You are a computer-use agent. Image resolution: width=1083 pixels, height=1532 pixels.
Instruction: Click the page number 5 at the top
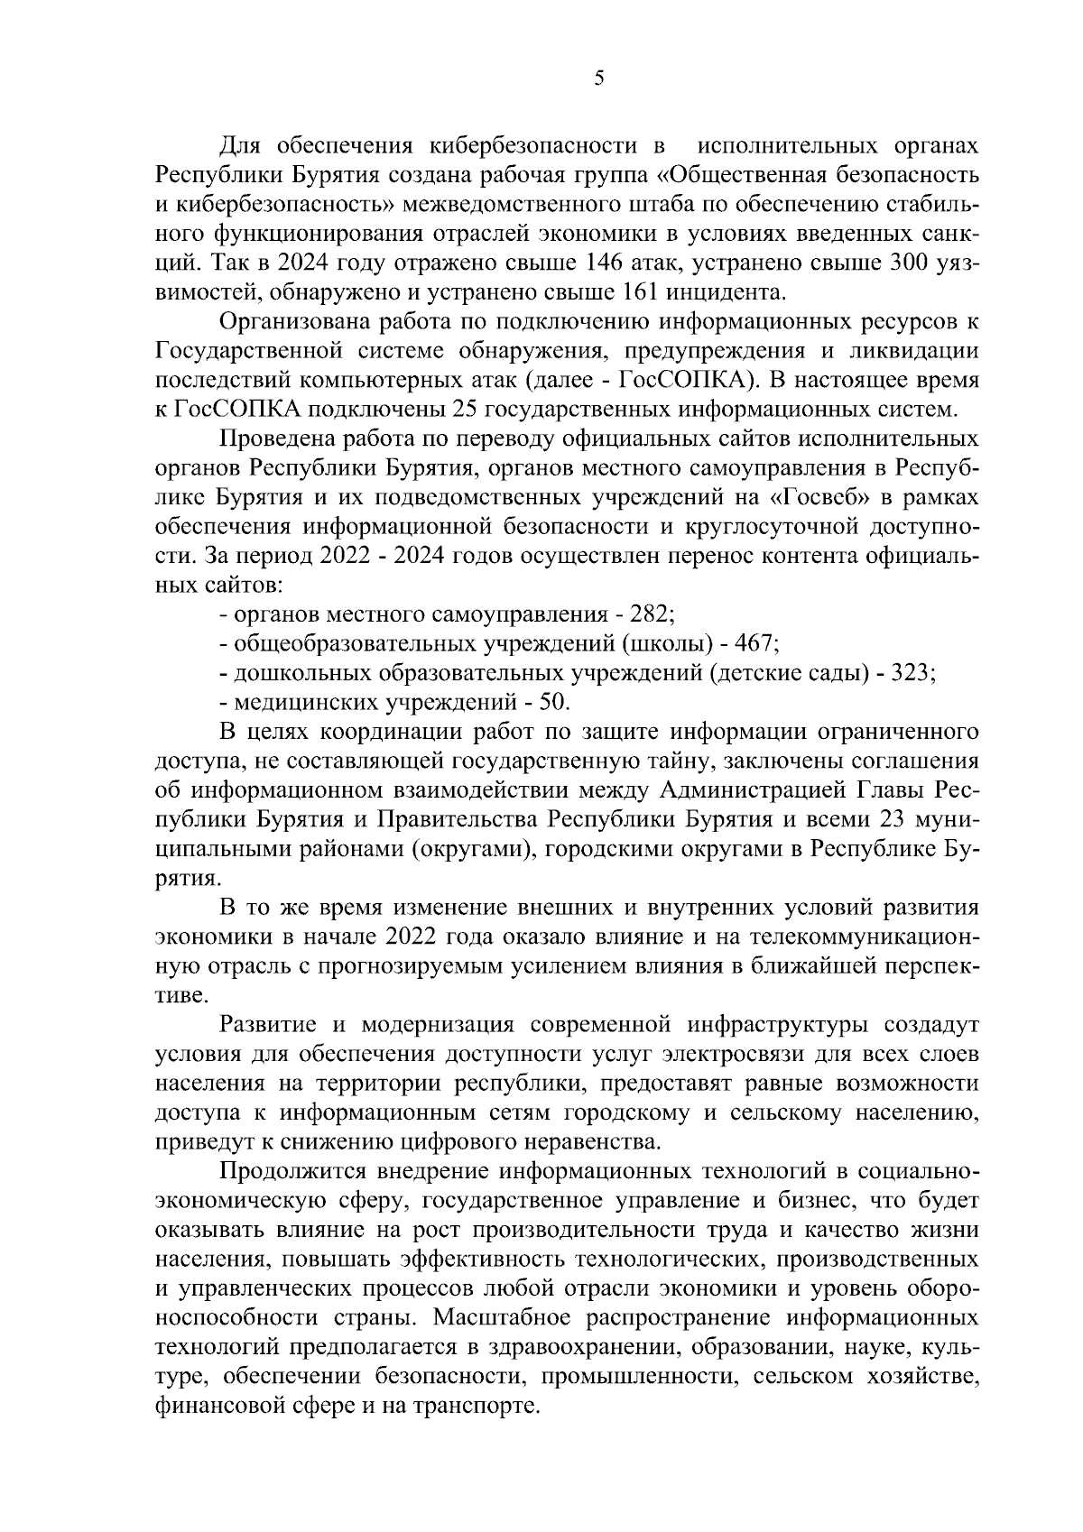(599, 78)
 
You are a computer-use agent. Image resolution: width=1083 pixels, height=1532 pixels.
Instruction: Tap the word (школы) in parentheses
(672, 644)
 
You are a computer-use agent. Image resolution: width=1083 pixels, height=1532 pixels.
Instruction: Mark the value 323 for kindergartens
(912, 674)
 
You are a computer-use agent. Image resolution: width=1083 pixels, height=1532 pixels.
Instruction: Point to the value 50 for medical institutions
(553, 703)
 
